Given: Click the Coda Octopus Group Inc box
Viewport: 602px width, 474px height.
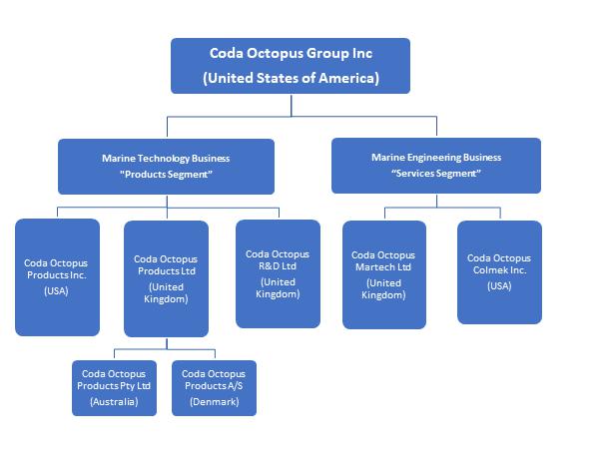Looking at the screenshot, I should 291,66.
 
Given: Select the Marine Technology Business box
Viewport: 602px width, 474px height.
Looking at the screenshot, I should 166,166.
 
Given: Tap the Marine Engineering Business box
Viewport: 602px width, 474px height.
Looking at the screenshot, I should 436,165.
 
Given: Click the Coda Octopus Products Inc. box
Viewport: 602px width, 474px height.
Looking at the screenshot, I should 58,276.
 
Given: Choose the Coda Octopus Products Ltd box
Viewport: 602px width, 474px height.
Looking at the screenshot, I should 166,278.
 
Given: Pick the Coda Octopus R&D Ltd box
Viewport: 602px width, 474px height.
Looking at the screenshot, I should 278,273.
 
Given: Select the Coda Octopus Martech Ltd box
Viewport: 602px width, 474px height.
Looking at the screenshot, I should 383,274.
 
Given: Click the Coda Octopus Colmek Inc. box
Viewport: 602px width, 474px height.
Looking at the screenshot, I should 499,271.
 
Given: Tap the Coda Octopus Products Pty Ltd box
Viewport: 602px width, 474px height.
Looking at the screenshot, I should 114,387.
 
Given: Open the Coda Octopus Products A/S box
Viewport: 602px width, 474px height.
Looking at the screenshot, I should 214,387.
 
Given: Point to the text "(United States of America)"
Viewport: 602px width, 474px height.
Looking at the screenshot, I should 291,78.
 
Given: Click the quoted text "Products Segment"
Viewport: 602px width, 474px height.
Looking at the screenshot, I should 166,174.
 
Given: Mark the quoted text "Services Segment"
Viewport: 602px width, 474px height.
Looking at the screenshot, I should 436,173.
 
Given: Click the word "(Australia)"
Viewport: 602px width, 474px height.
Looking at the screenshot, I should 114,401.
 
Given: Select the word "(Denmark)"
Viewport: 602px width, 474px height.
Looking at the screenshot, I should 214,401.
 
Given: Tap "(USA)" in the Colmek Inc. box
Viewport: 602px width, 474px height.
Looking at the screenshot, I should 499,286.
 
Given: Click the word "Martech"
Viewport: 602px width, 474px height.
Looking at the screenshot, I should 375,267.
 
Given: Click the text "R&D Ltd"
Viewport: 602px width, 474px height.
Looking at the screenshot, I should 278,267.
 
